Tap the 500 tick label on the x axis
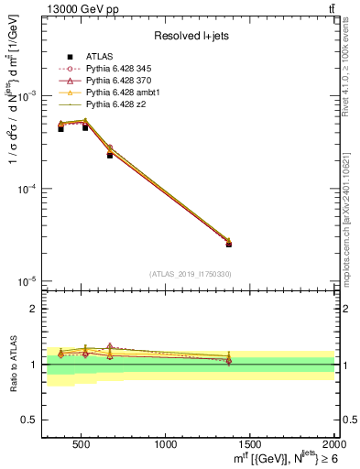click(x=81, y=445)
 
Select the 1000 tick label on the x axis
click(x=167, y=445)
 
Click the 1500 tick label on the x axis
click(x=251, y=445)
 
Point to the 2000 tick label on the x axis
click(x=333, y=445)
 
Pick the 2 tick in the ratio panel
click(x=34, y=310)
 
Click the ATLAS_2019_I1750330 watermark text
click(x=191, y=274)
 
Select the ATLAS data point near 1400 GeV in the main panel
click(x=229, y=245)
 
